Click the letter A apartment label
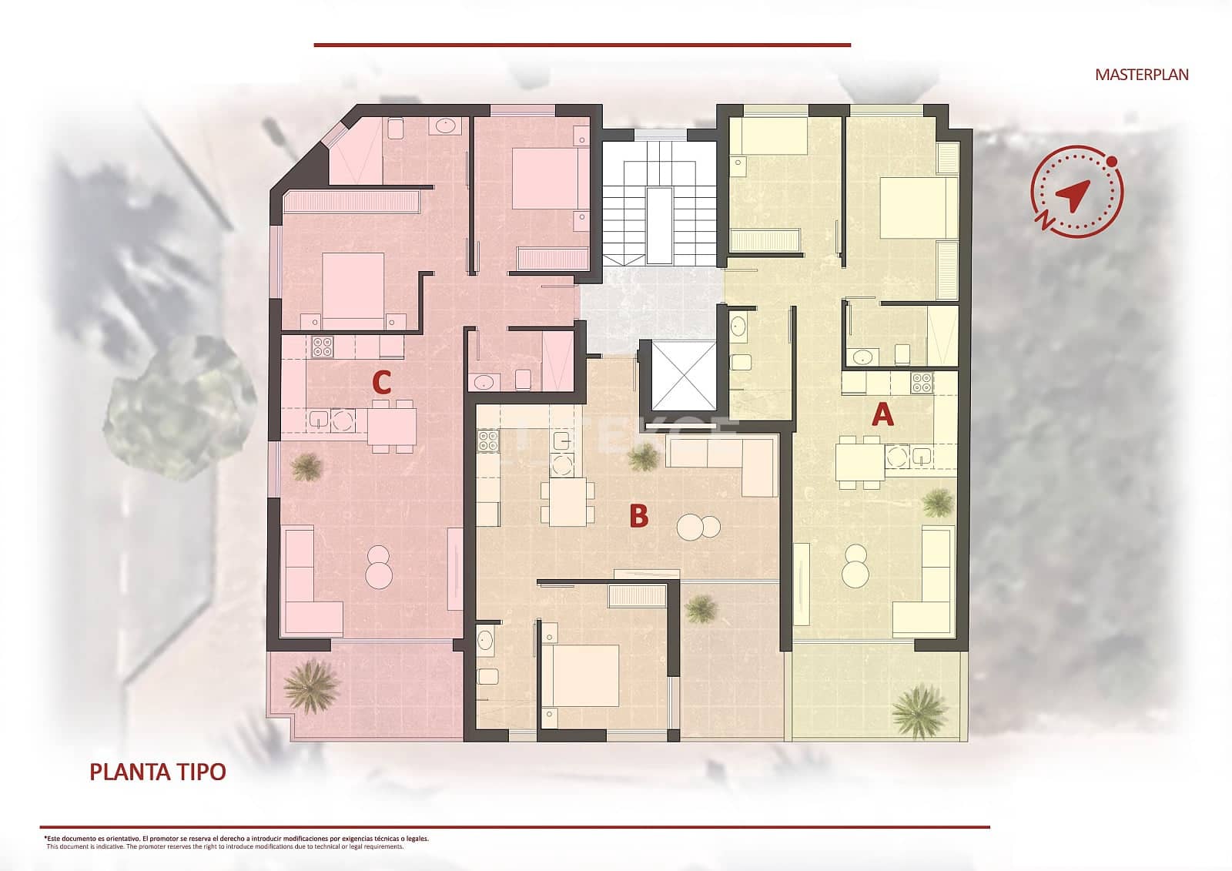(882, 415)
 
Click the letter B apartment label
(638, 516)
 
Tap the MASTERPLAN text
(1141, 75)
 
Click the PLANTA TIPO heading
(158, 772)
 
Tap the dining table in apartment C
(392, 426)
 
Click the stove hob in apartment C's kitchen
(321, 348)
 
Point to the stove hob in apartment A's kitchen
(922, 381)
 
